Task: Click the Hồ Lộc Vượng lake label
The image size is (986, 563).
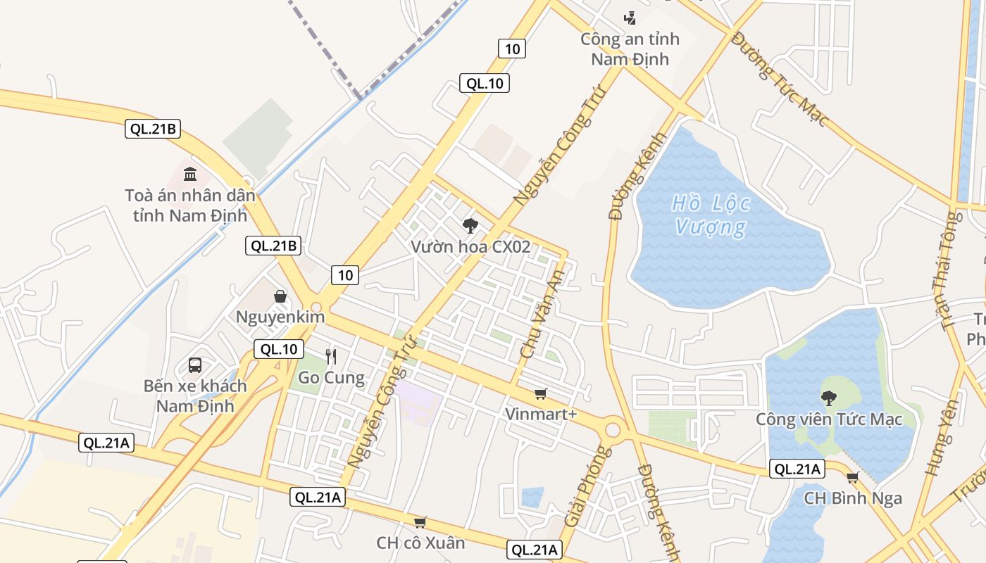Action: (711, 215)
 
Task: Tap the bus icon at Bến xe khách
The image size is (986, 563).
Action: (195, 365)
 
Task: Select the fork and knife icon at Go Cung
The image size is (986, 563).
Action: (331, 357)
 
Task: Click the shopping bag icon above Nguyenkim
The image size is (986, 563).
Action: (280, 296)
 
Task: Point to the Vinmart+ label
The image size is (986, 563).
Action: (541, 414)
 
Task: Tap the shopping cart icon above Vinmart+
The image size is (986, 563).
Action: (540, 394)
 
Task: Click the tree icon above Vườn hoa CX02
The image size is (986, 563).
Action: (470, 226)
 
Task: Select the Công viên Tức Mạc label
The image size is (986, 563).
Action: (829, 419)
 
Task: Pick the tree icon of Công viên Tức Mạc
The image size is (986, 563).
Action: (829, 398)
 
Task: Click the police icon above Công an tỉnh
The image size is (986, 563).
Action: (630, 18)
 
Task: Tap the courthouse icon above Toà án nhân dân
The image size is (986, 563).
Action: (190, 174)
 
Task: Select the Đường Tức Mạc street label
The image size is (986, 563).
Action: (779, 79)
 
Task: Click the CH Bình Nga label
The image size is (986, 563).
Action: (853, 498)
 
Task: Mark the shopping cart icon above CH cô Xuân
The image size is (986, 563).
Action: (420, 522)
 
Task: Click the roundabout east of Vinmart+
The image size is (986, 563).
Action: (613, 429)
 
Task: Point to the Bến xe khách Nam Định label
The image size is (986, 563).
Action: (195, 396)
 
